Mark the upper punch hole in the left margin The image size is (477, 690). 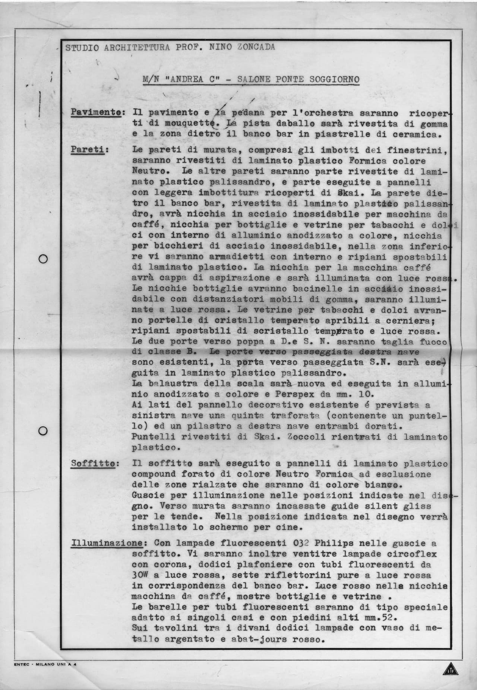43,259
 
